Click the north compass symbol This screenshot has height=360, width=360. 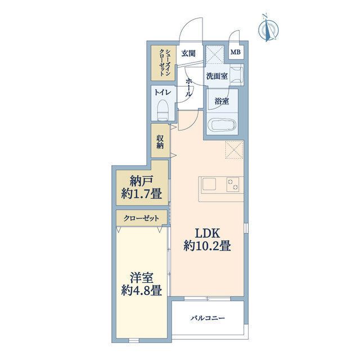268,29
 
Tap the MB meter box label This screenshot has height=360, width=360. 235,52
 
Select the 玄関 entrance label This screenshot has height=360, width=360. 188,53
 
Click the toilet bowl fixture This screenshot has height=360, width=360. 164,110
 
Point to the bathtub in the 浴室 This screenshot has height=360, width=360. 222,125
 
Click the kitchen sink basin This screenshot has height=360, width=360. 209,184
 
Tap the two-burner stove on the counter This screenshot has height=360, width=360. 233,184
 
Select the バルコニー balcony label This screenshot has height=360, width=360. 208,318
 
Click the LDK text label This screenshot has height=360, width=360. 208,233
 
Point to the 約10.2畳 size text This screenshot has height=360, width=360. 207,246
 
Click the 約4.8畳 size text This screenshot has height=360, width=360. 141,290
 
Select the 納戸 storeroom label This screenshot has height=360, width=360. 141,182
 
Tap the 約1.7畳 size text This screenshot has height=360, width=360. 141,194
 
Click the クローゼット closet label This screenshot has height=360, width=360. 141,218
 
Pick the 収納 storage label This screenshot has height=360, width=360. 160,142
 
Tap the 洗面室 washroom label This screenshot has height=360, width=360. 217,76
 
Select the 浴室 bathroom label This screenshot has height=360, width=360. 222,101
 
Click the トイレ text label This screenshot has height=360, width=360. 163,92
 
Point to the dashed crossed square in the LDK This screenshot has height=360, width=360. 234,150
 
